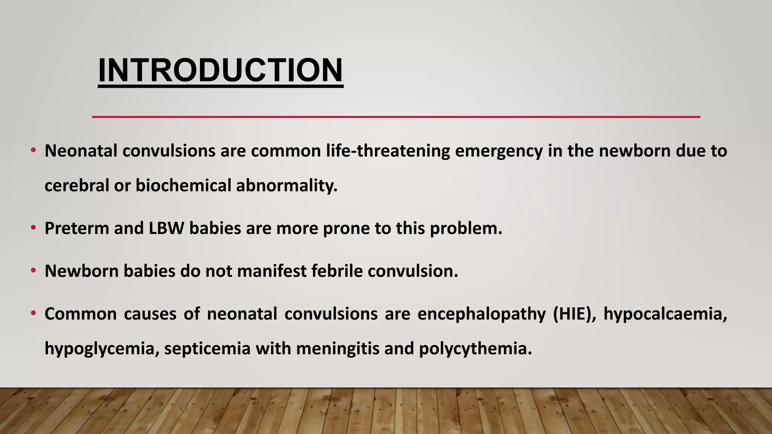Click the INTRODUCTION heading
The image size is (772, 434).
pos(221,70)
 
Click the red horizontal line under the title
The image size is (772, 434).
pos(396,117)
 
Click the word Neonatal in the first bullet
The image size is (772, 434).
pos(81,151)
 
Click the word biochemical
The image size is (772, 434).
pos(183,186)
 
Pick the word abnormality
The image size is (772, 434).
pos(286,186)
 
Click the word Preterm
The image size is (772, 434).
pos(77,228)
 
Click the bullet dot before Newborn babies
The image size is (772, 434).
pos(34,270)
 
